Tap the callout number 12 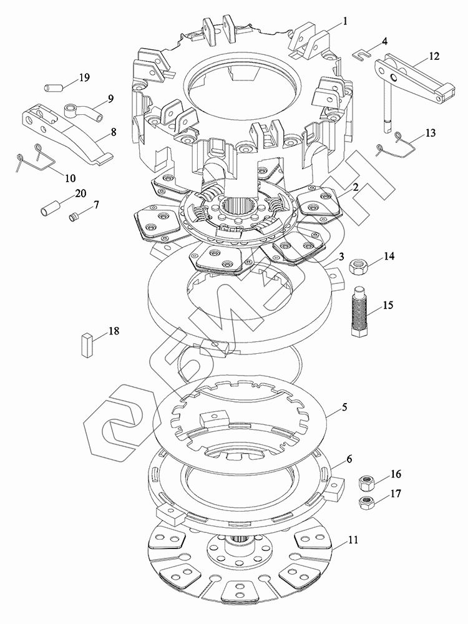coord(434,56)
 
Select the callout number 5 coord(344,408)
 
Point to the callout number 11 coord(353,540)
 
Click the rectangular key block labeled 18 coord(87,344)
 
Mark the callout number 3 coord(341,256)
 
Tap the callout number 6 coord(349,459)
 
